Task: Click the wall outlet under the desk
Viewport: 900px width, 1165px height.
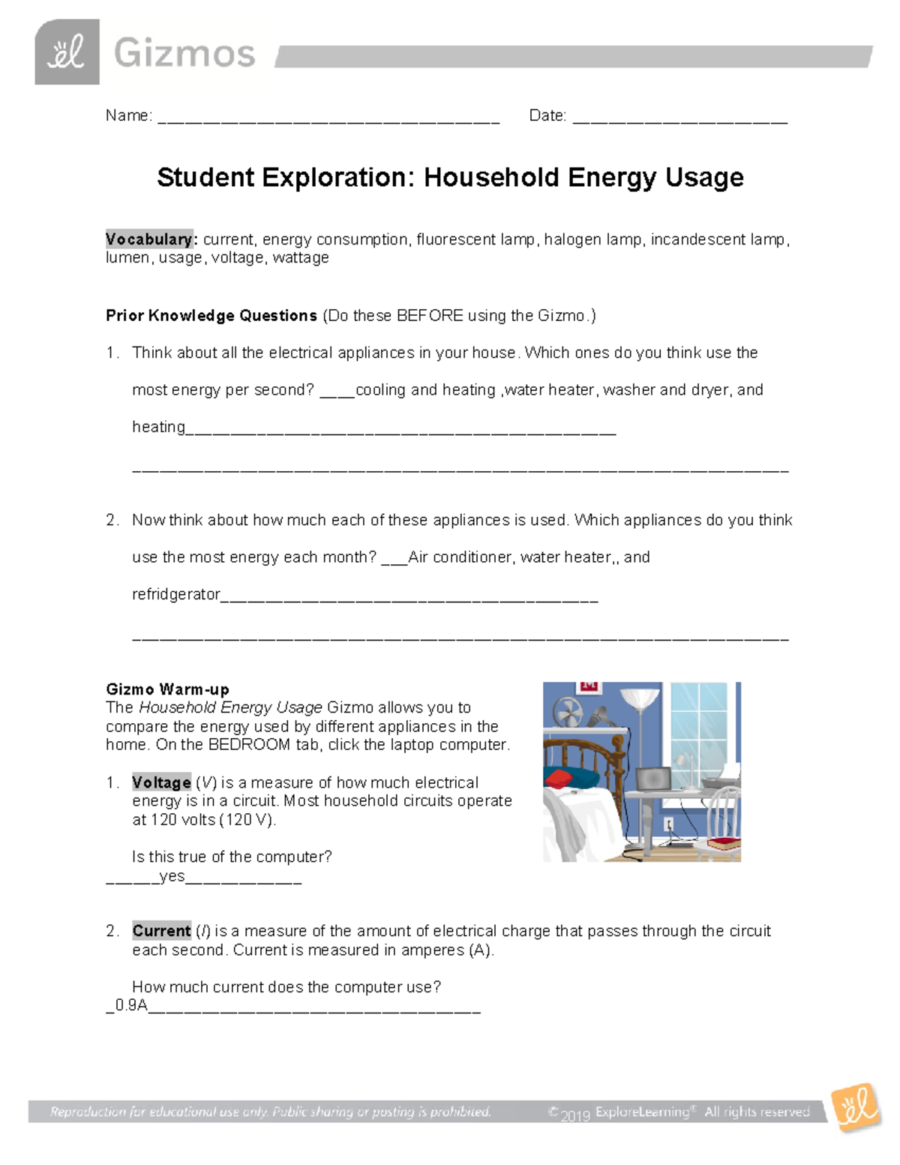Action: click(670, 824)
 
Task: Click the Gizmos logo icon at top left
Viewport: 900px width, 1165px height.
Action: click(67, 53)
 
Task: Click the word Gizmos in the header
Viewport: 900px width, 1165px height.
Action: click(184, 54)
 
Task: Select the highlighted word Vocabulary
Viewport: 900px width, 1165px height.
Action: click(150, 239)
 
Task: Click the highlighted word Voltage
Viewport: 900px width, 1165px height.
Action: click(161, 782)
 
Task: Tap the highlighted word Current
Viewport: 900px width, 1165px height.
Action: click(161, 931)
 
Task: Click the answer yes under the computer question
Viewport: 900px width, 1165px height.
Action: click(172, 876)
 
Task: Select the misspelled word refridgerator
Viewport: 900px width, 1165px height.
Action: click(176, 594)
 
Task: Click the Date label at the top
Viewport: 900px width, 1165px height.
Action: click(547, 116)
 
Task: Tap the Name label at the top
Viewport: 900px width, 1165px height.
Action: click(128, 116)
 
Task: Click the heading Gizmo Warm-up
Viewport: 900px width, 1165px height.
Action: click(167, 689)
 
